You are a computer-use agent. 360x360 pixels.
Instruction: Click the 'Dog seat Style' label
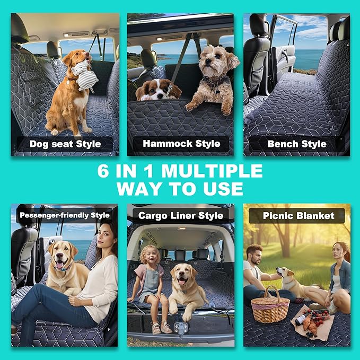pos(64,144)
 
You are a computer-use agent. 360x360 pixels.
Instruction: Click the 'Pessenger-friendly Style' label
pos(64,215)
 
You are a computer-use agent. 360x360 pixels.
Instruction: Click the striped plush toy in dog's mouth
pos(84,72)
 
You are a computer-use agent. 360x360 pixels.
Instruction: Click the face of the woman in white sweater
pos(108,234)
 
